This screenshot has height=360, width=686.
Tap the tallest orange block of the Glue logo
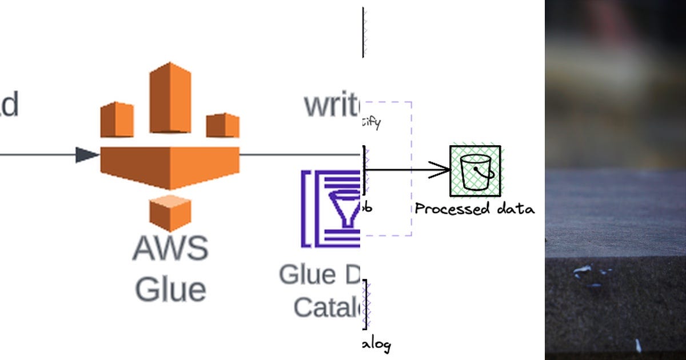(x=170, y=97)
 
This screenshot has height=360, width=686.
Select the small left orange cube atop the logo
(x=117, y=119)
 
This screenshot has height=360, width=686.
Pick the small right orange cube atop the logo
(x=222, y=125)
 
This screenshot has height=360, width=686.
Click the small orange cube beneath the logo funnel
(x=170, y=213)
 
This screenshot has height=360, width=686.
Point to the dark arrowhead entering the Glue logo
(x=87, y=155)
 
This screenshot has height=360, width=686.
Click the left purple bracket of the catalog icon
(x=306, y=209)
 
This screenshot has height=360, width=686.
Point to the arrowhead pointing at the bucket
(x=440, y=170)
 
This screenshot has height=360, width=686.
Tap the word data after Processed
(x=514, y=209)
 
